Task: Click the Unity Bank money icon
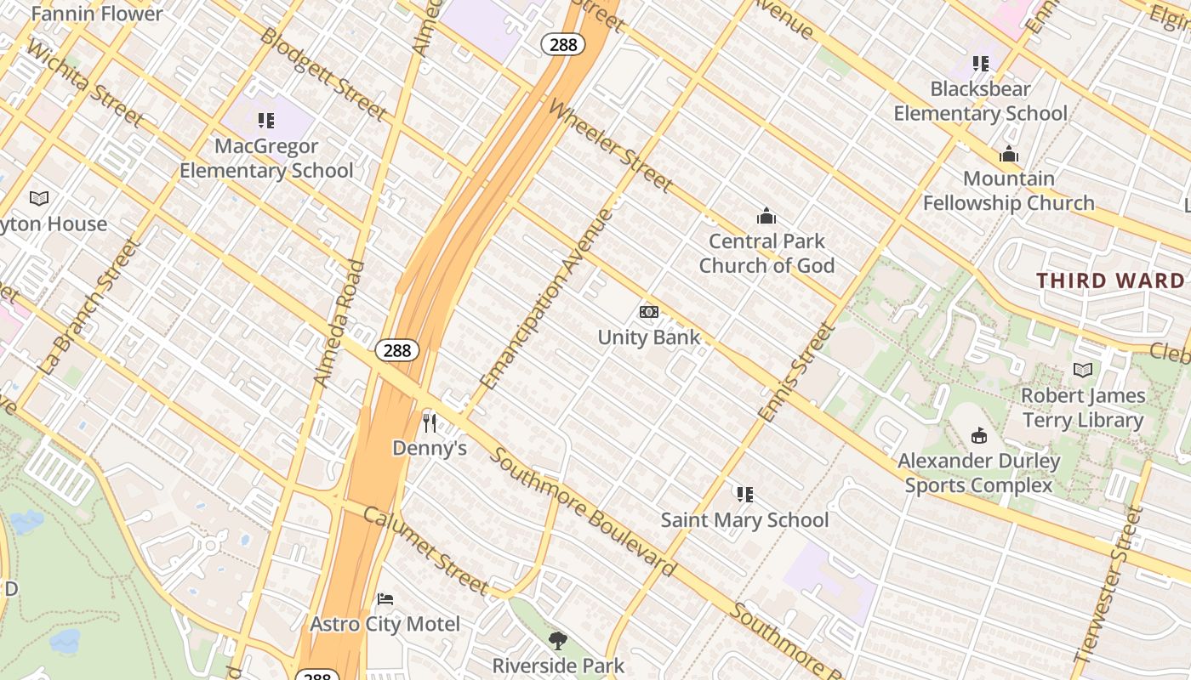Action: point(649,312)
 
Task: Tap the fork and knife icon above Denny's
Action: point(430,422)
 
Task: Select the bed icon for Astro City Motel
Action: point(385,599)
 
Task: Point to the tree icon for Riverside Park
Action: point(558,640)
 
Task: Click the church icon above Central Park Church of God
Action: point(766,216)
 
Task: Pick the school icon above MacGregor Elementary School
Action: point(266,121)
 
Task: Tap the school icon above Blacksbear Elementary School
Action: point(981,64)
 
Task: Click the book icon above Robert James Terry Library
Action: point(1082,371)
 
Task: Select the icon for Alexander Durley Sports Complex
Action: point(979,436)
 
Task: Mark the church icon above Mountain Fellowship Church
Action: point(1009,154)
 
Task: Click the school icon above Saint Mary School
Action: point(745,495)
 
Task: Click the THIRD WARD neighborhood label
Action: point(1110,280)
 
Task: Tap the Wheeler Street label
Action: point(610,145)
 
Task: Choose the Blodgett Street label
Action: point(323,74)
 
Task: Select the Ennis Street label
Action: point(796,372)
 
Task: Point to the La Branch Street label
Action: point(88,307)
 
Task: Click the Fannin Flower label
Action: point(96,14)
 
